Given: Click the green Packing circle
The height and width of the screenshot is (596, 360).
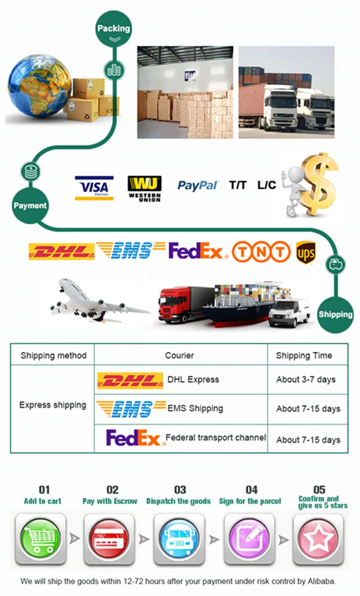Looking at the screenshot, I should tap(114, 29).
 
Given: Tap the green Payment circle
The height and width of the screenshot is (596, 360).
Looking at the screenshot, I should tap(30, 206).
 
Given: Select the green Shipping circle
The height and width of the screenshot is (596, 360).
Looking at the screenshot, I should tap(335, 314).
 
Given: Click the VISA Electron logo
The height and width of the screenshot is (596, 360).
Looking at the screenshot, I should tap(94, 188).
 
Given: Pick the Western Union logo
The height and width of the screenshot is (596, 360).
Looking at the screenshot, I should tap(144, 189).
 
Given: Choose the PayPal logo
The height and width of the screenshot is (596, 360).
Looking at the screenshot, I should tap(198, 186).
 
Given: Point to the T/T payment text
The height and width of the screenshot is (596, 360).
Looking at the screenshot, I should tap(238, 185).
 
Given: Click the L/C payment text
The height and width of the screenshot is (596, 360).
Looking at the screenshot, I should tap(266, 185).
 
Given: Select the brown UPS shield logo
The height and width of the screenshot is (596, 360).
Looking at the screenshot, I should tap(306, 253).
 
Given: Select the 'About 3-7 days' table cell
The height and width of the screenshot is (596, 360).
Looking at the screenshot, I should tap(306, 380).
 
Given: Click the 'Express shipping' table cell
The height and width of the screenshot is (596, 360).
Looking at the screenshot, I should tap(53, 405).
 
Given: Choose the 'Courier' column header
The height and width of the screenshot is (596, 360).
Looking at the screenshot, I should tap(180, 355).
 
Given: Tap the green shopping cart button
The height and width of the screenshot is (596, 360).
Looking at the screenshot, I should tap(41, 538).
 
